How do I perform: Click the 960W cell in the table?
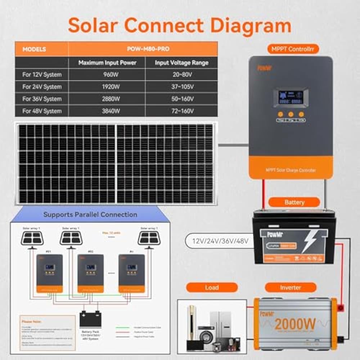pos(107,75)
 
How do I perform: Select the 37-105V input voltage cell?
pos(181,87)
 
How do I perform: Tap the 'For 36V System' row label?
pos(42,99)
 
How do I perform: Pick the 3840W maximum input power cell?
pos(107,111)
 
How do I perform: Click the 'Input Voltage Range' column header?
pos(181,63)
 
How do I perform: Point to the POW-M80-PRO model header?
pos(143,49)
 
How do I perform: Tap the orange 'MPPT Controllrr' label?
pos(293,49)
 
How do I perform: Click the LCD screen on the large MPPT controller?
pos(291,97)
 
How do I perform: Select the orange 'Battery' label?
pos(294,202)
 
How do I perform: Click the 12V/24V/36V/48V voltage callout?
pos(220,241)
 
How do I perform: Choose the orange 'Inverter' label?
pos(291,287)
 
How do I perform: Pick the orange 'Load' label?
pos(212,287)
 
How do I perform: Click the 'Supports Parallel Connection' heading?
pos(90,215)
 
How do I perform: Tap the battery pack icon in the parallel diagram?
pos(90,319)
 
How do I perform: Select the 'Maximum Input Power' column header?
pos(107,63)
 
